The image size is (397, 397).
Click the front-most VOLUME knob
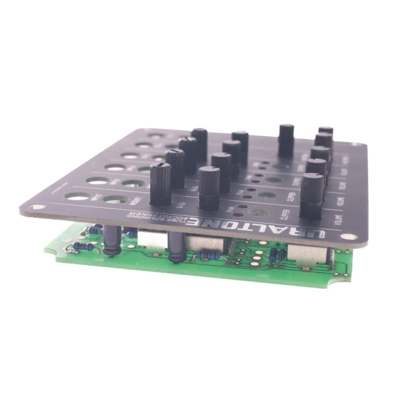(x=312, y=197)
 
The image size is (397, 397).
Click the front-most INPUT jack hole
(x=78, y=197)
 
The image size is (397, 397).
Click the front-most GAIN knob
(x=160, y=184)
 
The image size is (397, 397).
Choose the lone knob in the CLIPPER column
(x=286, y=140)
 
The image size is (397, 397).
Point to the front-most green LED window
(x=259, y=212)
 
